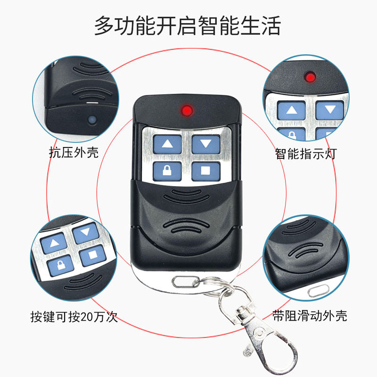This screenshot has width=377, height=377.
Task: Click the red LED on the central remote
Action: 187,111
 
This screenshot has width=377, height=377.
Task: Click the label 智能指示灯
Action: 306,154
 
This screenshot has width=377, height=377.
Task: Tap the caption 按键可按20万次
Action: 73,317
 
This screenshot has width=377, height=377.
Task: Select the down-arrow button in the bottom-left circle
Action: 85,232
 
